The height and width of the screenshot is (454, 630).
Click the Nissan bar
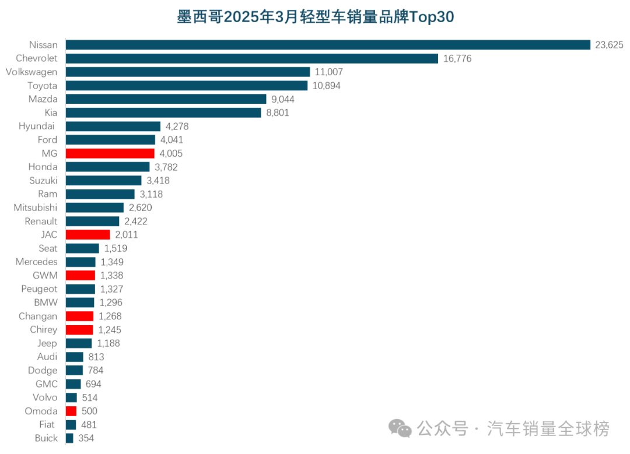[x=328, y=45]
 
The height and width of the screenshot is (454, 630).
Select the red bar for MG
[x=110, y=153]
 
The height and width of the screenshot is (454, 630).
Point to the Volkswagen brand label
[x=32, y=72]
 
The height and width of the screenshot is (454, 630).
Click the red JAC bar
[x=87, y=234]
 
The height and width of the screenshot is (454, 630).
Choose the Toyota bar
[x=186, y=86]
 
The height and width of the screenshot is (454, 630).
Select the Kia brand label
[x=51, y=112]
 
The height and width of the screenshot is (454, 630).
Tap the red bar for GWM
[x=80, y=275]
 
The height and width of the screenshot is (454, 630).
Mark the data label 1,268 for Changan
[x=110, y=316]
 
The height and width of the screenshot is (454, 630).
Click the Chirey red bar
[x=79, y=330]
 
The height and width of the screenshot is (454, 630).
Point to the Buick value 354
[x=86, y=438]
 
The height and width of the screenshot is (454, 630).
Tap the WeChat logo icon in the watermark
[x=401, y=429]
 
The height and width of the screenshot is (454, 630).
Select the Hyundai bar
[x=113, y=126]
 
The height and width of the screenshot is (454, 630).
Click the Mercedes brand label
[x=37, y=262]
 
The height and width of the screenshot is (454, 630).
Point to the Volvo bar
[x=71, y=397]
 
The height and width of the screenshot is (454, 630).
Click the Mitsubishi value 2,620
[x=140, y=207]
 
